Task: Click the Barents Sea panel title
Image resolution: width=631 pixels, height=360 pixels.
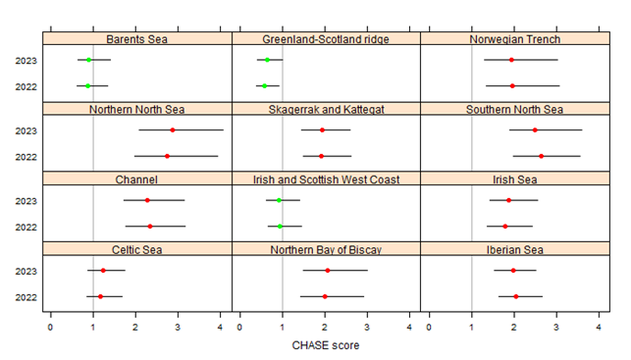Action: click(137, 39)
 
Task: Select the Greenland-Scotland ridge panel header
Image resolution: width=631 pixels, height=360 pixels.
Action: click(326, 39)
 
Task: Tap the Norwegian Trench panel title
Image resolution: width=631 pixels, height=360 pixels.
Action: click(515, 39)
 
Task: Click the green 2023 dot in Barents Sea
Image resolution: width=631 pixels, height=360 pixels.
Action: click(89, 60)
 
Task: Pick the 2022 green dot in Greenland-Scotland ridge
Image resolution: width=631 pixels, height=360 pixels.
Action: click(264, 86)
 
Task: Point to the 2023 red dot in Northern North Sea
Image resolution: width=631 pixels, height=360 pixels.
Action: click(173, 130)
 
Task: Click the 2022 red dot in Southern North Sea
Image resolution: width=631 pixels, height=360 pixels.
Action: click(541, 156)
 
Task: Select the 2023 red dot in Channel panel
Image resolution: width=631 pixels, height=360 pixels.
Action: click(147, 200)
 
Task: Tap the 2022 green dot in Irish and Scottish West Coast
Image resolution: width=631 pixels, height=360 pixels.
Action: click(280, 226)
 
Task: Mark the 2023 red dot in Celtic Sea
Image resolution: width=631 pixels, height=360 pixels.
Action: click(103, 271)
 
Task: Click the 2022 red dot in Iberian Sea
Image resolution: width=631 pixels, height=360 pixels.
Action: click(516, 296)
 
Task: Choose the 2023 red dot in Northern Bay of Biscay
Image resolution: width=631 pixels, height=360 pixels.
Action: click(327, 271)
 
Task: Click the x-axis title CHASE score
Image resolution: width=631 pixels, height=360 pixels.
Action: click(325, 345)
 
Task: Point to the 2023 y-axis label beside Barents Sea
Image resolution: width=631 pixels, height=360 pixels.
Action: click(26, 60)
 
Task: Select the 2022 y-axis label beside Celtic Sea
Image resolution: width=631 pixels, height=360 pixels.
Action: click(26, 297)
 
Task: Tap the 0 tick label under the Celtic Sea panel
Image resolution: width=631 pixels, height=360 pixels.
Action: click(51, 327)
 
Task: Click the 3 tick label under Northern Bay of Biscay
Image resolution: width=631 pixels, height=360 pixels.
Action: click(367, 327)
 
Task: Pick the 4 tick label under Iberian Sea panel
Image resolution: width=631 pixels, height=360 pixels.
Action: click(599, 327)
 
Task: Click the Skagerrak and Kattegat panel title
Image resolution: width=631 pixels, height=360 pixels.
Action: click(326, 109)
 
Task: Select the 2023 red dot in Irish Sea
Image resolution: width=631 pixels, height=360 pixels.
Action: click(509, 200)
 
